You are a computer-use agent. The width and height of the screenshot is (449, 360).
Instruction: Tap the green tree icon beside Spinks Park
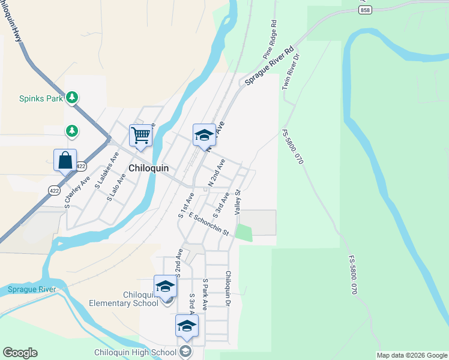[x=72, y=97]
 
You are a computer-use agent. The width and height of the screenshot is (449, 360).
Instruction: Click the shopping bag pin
[x=65, y=161]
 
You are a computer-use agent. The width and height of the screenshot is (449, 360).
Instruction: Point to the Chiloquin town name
[x=148, y=169]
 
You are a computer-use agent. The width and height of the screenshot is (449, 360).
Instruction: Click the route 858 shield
[x=366, y=11]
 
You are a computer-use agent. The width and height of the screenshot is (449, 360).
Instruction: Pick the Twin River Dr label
[x=291, y=72]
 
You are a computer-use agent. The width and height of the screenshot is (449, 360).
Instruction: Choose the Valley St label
[x=238, y=201]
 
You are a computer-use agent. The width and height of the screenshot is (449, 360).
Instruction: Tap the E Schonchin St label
[x=208, y=223]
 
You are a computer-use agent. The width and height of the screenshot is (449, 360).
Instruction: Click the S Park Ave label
[x=205, y=293]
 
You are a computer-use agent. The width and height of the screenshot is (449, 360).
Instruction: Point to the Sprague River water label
[x=32, y=290]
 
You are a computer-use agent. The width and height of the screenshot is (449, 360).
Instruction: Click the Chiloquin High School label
[x=135, y=352]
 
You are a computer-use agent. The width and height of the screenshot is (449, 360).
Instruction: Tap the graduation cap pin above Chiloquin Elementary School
[x=165, y=287]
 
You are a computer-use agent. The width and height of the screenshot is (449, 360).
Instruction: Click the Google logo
[x=20, y=353]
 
